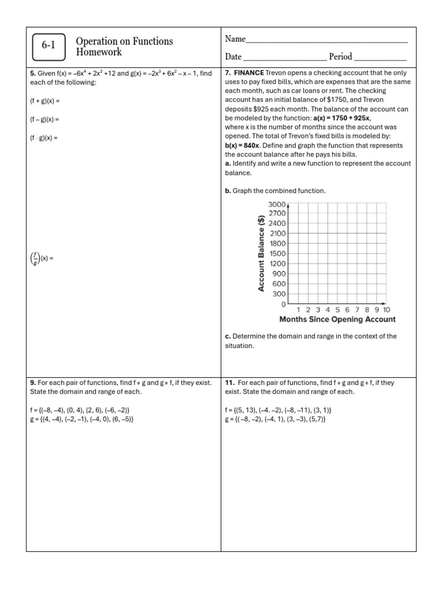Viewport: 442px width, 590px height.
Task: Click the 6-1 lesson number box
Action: [48, 47]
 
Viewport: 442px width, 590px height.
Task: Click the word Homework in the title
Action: [99, 52]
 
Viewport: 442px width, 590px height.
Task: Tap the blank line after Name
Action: [326, 40]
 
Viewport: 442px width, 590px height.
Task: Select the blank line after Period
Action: [380, 58]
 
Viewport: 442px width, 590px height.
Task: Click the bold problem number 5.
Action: [32, 74]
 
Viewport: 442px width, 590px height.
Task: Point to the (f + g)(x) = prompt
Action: [44, 101]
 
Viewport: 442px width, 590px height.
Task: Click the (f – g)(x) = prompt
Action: [44, 119]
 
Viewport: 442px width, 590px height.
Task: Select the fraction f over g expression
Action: [36, 259]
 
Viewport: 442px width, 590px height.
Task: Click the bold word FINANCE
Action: [249, 73]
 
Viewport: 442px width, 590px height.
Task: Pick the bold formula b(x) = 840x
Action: [242, 146]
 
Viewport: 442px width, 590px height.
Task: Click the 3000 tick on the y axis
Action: [277, 205]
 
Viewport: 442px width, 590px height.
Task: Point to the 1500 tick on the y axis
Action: [277, 254]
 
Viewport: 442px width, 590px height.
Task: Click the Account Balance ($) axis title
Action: [262, 253]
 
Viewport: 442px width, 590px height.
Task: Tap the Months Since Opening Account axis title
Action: [337, 319]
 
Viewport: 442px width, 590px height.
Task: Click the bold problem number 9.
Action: [33, 383]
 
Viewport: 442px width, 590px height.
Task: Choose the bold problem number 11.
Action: [229, 383]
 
